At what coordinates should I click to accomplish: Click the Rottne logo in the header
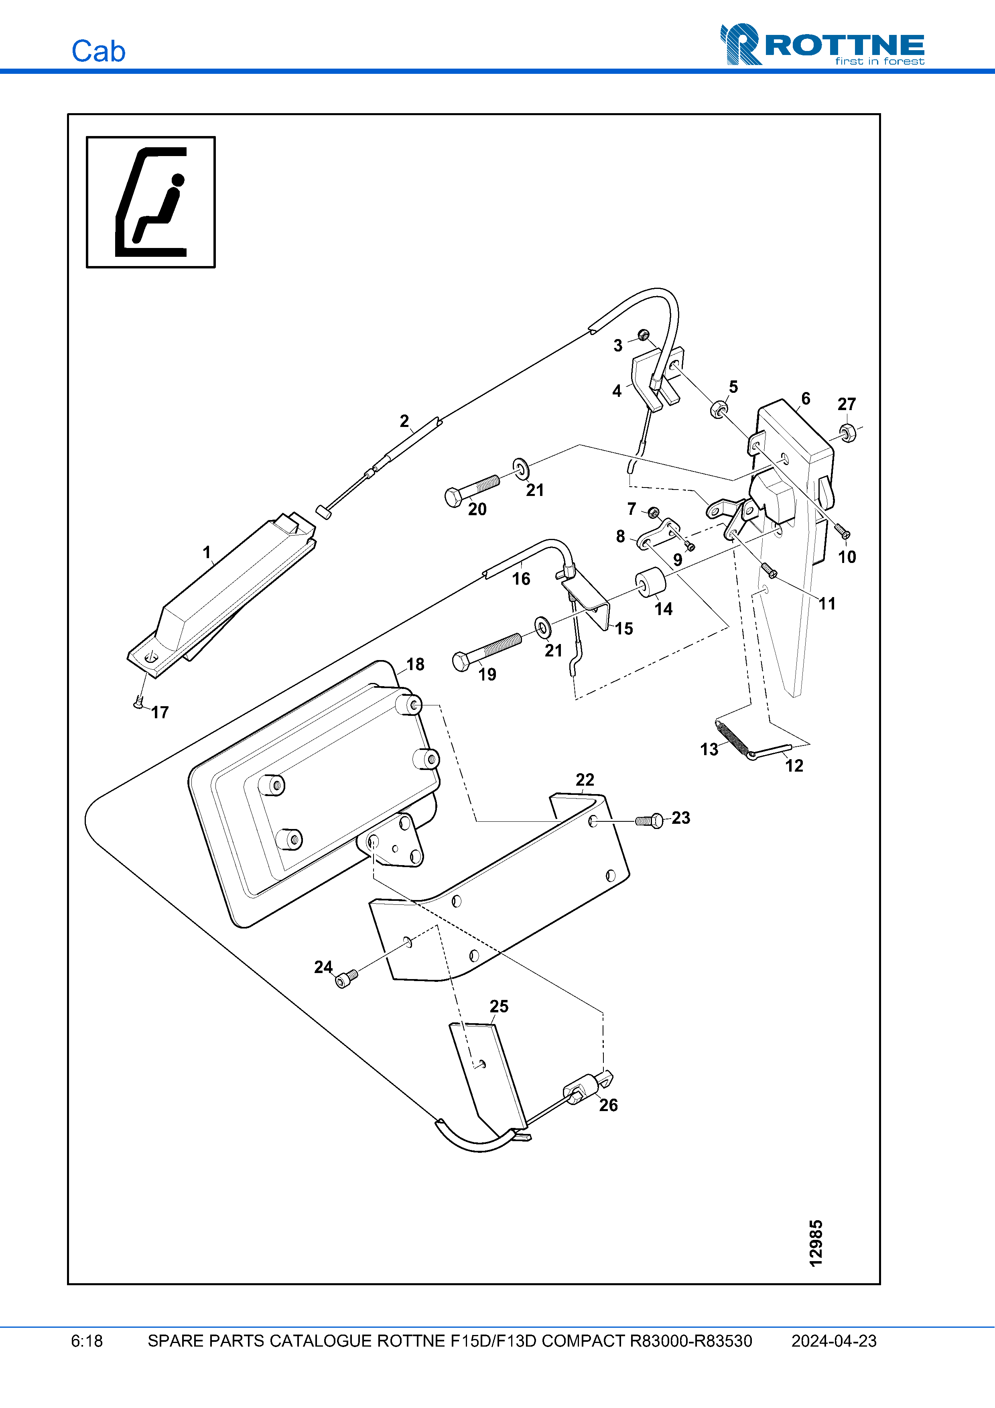[x=822, y=44]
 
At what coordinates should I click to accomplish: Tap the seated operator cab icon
[x=151, y=202]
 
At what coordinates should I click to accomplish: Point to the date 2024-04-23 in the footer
[x=834, y=1341]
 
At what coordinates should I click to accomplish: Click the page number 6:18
[x=87, y=1341]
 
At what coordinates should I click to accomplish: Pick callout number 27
[x=847, y=404]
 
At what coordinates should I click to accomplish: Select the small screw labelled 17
[x=139, y=703]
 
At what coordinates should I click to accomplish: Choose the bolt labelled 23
[x=649, y=820]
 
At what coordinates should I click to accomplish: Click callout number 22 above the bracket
[x=585, y=779]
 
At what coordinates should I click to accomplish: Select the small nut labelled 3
[x=643, y=335]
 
